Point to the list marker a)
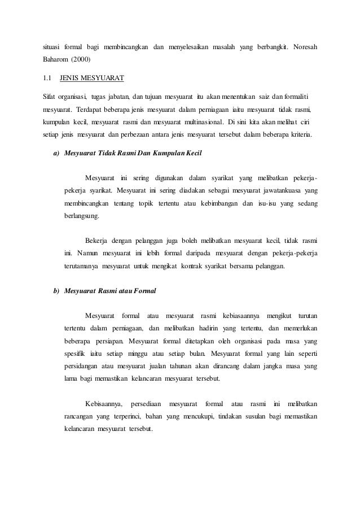tap(56, 153)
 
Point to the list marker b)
tap(56, 291)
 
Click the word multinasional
tap(200, 122)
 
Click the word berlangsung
tap(82, 216)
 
